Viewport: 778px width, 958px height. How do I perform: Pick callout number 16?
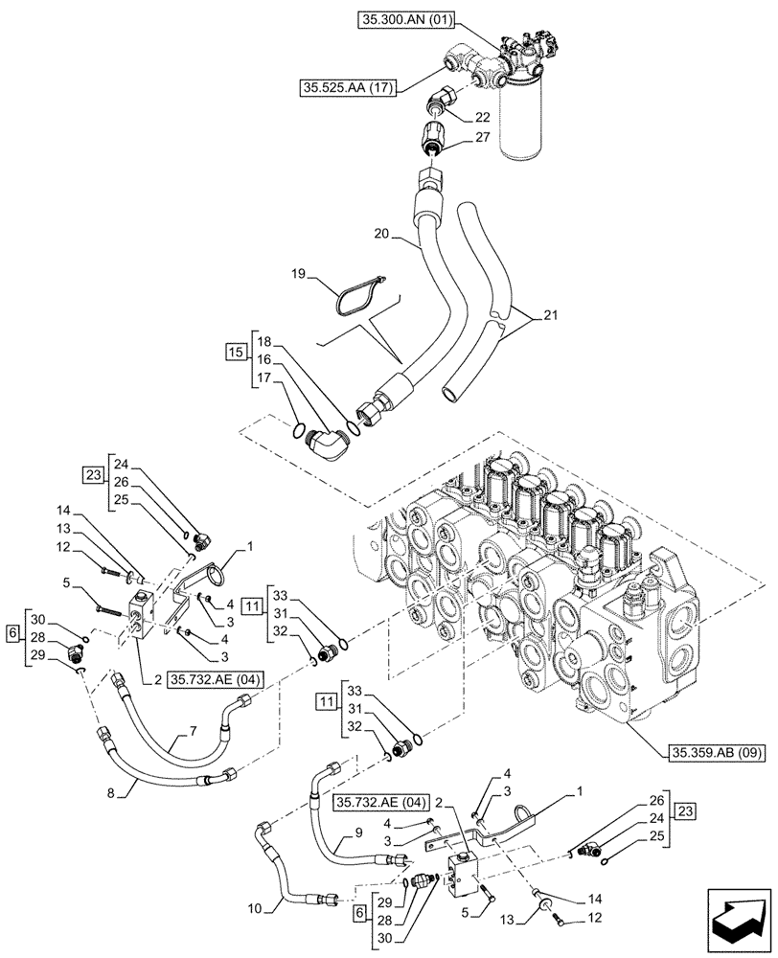(x=263, y=360)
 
